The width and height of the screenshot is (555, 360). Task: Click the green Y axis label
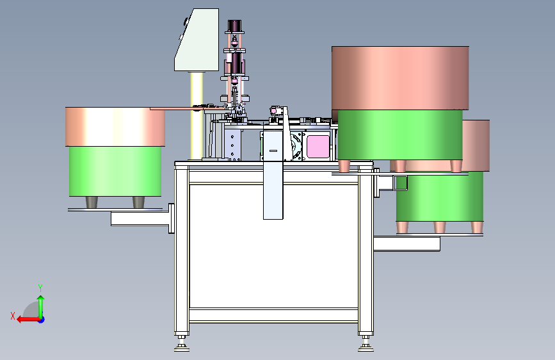[x=40, y=288]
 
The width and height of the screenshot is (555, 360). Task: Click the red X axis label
[x=13, y=316]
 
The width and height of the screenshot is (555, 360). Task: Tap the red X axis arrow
[x=28, y=320]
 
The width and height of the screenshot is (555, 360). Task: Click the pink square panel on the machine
[x=318, y=147]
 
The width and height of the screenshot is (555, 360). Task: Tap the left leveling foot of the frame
[x=182, y=344]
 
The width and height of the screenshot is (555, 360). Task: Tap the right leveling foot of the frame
[x=366, y=344]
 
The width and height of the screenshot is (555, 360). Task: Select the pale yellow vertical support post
[x=197, y=115]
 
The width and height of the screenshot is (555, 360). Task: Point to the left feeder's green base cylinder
[x=115, y=171]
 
